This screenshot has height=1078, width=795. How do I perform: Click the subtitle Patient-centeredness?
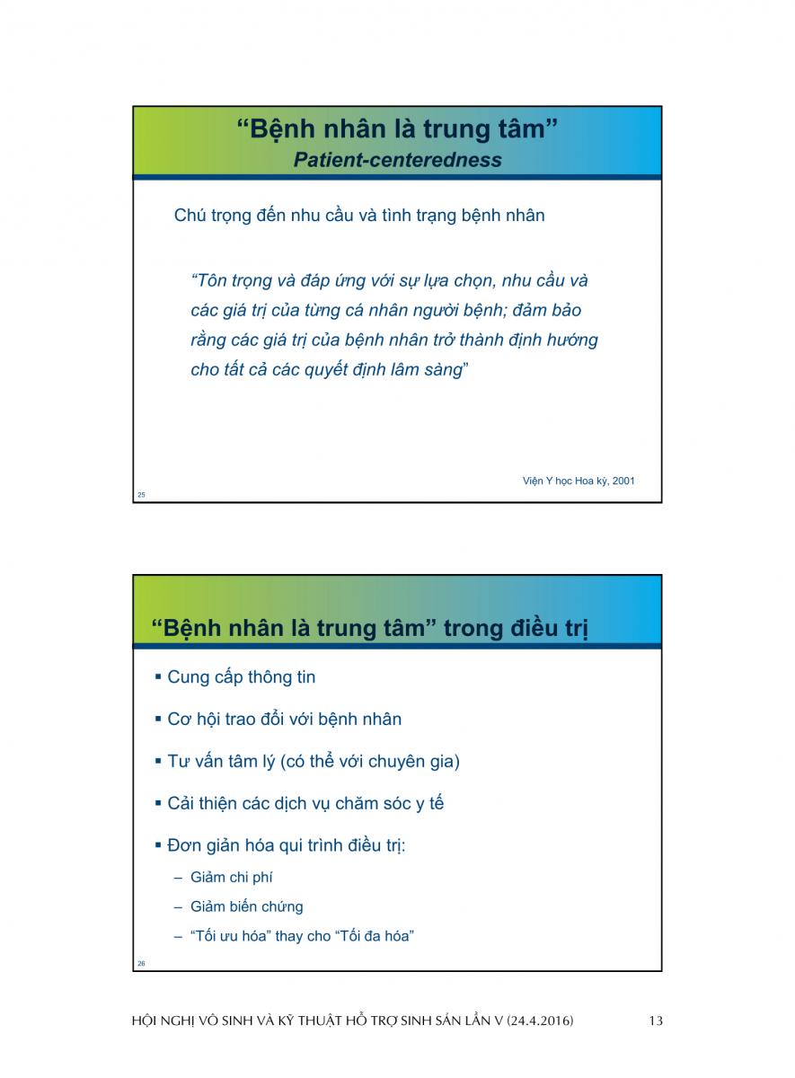click(x=397, y=160)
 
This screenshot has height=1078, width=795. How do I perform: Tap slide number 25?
click(x=141, y=495)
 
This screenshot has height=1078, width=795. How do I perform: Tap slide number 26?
click(x=141, y=964)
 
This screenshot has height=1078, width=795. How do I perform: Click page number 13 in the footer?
click(x=656, y=1021)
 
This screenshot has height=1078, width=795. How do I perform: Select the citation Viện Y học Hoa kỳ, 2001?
click(x=579, y=481)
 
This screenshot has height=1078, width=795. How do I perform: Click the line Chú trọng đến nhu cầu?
click(x=358, y=216)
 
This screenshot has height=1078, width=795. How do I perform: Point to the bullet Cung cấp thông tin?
click(x=241, y=677)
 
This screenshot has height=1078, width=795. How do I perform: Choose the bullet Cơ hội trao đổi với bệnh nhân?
click(x=284, y=720)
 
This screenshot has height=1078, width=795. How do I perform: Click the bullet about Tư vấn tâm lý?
click(x=313, y=762)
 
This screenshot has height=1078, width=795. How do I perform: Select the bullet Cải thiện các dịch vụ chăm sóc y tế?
click(x=305, y=804)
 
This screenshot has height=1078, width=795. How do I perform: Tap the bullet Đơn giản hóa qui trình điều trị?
click(x=286, y=846)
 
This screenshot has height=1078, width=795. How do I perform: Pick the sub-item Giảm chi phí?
click(x=231, y=878)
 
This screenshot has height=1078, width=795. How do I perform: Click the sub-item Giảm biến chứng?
click(x=246, y=907)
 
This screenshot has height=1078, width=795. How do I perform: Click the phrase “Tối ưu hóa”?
click(x=230, y=936)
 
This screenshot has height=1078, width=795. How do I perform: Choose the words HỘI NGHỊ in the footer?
click(x=163, y=1021)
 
